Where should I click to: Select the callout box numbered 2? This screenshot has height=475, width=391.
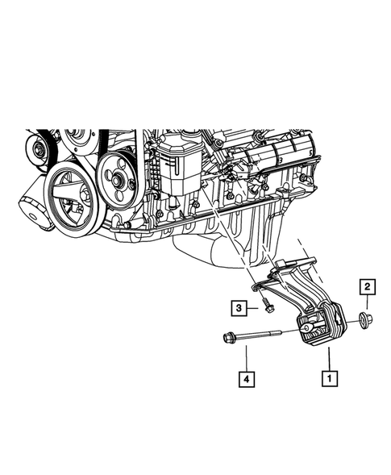click(x=365, y=285)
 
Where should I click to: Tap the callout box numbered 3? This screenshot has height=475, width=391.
click(x=239, y=307)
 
